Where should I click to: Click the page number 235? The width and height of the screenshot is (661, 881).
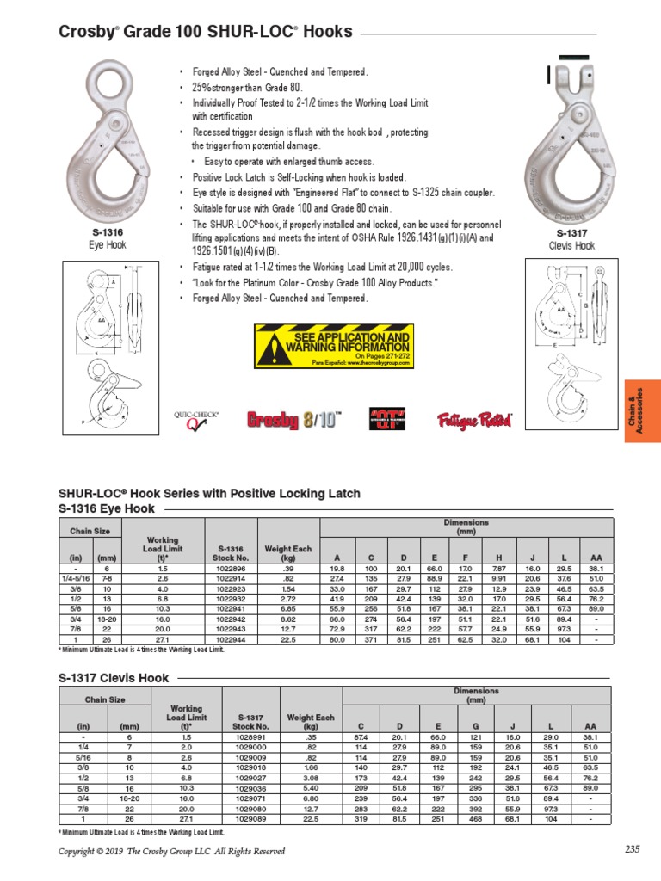[633, 851]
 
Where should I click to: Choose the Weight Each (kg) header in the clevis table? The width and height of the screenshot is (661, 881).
[311, 722]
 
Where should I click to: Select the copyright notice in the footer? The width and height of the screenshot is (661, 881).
[171, 852]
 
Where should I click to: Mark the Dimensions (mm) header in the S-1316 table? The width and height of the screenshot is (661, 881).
[466, 527]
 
